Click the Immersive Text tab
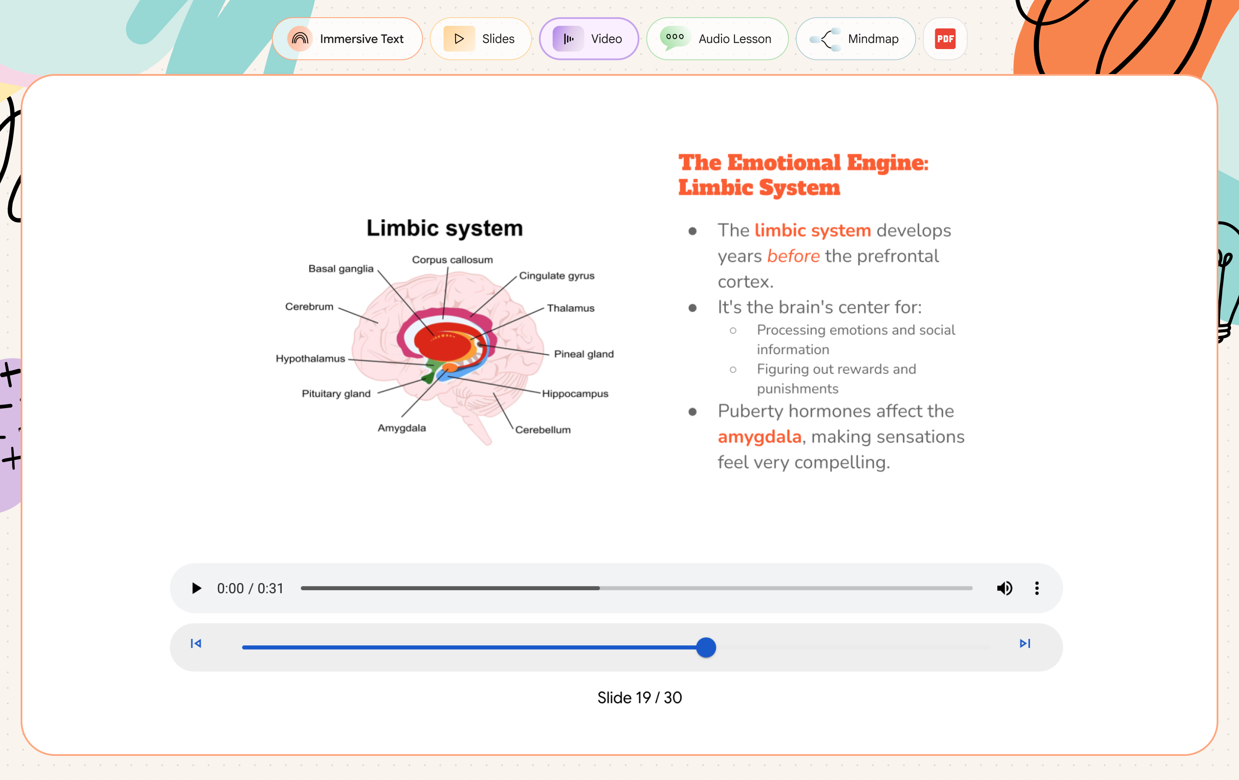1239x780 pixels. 347,39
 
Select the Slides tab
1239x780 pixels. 481,39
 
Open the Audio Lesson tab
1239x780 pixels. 717,39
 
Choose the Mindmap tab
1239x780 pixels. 856,39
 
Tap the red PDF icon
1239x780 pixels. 945,39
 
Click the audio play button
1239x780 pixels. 196,588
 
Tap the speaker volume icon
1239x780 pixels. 1005,588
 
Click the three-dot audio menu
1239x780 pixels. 1037,588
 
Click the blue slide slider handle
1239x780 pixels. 706,647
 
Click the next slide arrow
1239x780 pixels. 1025,644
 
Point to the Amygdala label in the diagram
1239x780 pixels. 402,428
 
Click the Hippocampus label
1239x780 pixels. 575,394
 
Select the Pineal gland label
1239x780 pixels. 584,354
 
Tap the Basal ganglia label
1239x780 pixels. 341,269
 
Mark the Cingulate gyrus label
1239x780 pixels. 557,276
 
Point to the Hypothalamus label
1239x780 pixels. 310,358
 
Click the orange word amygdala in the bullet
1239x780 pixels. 759,436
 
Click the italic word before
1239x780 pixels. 793,256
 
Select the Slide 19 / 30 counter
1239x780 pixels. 640,698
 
